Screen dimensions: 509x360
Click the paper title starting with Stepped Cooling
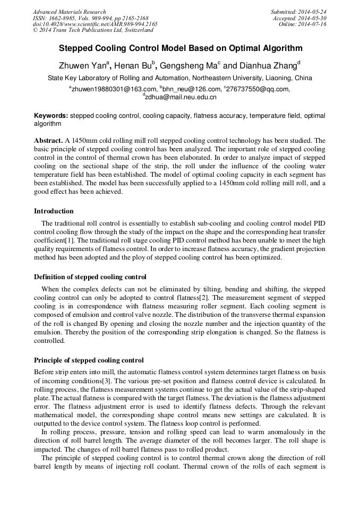click(x=180, y=48)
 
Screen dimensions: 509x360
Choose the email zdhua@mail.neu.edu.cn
click(x=181, y=97)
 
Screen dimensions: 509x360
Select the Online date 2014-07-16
click(x=314, y=24)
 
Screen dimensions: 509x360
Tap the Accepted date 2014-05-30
click(x=314, y=18)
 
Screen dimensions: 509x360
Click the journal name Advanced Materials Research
click(x=69, y=12)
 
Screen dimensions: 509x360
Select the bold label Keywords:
click(x=51, y=115)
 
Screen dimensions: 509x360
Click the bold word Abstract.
click(x=48, y=141)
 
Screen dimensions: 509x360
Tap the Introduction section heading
click(x=54, y=211)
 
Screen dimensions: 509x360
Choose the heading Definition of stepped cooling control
click(x=90, y=277)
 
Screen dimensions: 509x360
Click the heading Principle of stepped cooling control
click(x=89, y=360)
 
